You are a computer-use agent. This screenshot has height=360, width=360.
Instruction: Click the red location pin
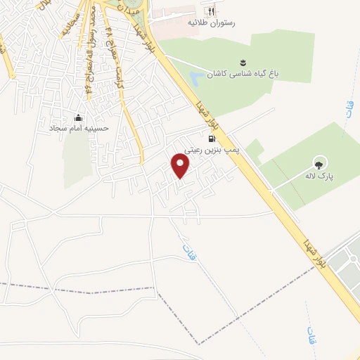click(181, 167)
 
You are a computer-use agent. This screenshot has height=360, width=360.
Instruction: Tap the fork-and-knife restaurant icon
click(208, 11)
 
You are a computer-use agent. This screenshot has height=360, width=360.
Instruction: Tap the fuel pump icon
click(212, 139)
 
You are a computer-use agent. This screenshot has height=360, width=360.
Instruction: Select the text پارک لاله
click(320, 176)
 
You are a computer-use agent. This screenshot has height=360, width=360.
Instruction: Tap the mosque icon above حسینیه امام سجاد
click(77, 117)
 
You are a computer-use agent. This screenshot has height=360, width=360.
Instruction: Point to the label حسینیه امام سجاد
click(77, 129)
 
